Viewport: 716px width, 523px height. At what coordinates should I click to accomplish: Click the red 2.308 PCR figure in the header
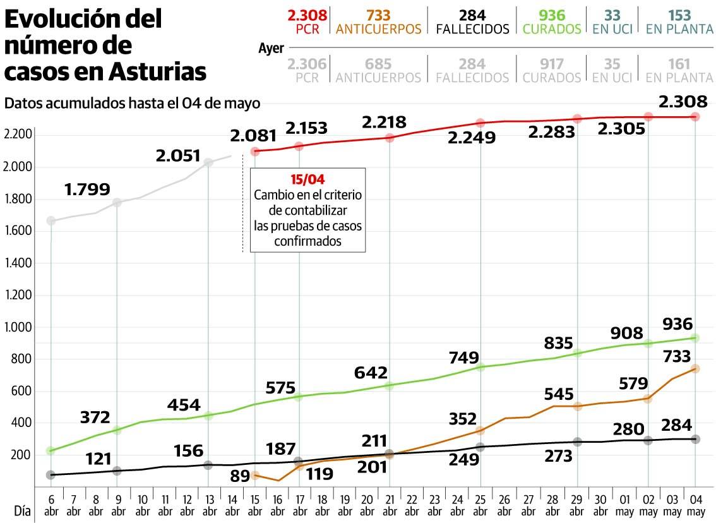point(306,15)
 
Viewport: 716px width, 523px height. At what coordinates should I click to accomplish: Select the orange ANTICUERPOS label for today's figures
point(378,29)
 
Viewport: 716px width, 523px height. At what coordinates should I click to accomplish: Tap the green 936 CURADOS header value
point(552,15)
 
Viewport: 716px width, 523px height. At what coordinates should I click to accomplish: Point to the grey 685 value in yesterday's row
point(378,64)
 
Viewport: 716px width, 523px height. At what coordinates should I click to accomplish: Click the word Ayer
point(271,48)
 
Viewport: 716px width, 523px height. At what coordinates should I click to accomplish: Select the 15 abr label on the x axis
point(254,503)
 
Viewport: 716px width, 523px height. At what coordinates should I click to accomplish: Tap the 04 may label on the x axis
point(695,503)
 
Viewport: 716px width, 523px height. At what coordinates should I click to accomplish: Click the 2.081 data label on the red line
point(253,136)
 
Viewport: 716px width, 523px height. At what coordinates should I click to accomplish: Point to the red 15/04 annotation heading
point(307,179)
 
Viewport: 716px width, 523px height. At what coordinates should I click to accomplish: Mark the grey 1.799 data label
point(87,188)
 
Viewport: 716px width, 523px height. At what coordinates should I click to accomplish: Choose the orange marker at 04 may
point(695,369)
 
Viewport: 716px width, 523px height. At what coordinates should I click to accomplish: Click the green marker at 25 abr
point(480,366)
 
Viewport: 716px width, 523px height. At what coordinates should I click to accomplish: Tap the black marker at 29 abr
point(577,442)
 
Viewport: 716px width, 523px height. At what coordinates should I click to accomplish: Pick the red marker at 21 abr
point(390,138)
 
